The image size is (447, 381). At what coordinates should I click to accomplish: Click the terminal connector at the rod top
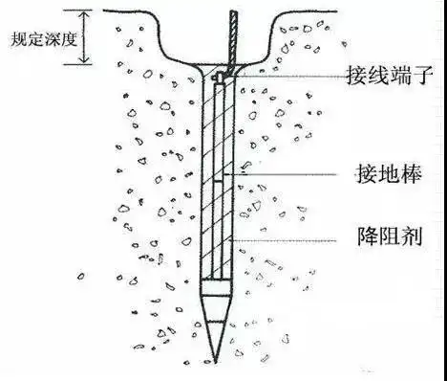222,75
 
